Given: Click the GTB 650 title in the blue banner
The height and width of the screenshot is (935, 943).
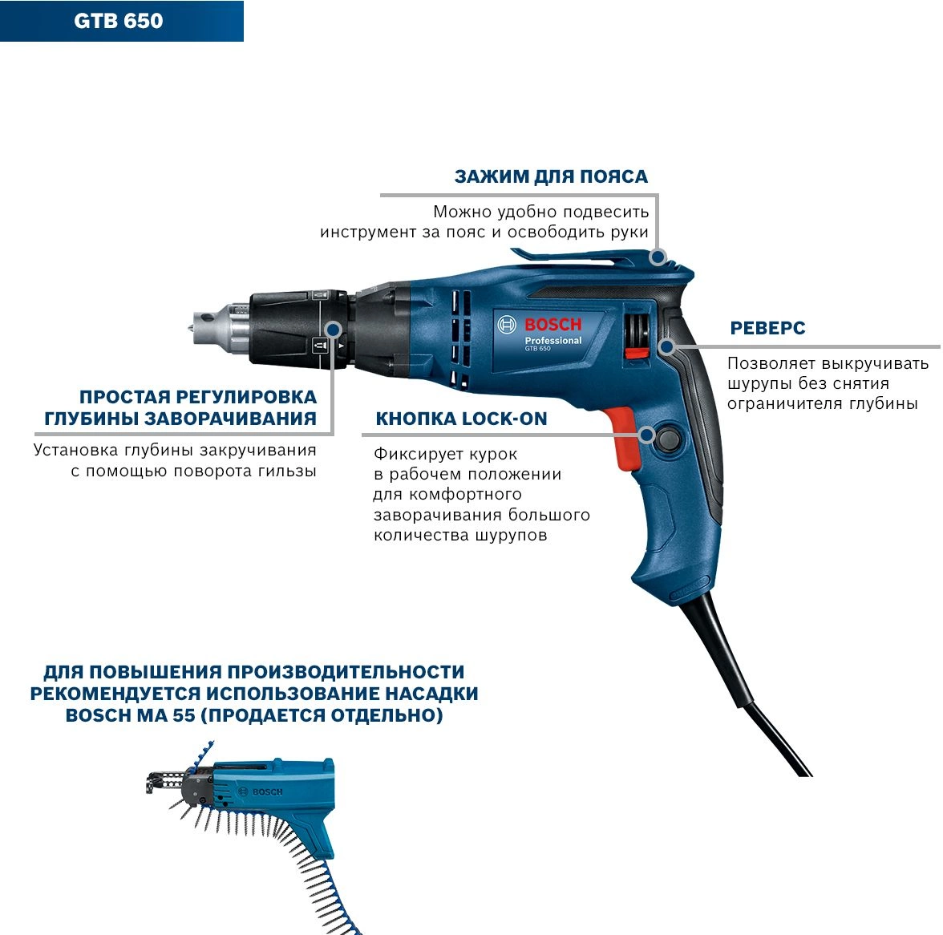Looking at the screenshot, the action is [119, 21].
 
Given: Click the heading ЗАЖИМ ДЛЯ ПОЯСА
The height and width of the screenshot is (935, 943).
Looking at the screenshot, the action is [551, 176].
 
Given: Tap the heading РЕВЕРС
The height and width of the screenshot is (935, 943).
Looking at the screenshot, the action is [767, 328].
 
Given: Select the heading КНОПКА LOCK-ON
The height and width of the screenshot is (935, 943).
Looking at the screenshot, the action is [461, 419].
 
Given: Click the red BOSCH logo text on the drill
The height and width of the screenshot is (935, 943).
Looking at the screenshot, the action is [552, 325].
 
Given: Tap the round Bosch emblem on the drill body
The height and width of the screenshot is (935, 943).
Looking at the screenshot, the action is [507, 325].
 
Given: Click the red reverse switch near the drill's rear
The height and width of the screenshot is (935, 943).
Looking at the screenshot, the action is [637, 353].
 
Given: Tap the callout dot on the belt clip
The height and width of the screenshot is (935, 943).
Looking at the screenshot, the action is [658, 257].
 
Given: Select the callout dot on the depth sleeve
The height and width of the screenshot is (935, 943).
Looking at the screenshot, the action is [334, 330].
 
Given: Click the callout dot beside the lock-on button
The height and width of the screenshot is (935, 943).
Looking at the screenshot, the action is [647, 435].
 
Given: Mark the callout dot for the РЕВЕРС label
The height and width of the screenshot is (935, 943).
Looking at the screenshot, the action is [666, 347].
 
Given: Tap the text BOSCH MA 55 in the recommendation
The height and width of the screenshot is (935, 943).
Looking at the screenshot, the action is [131, 715].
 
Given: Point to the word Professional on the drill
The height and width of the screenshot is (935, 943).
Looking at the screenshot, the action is [553, 340].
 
